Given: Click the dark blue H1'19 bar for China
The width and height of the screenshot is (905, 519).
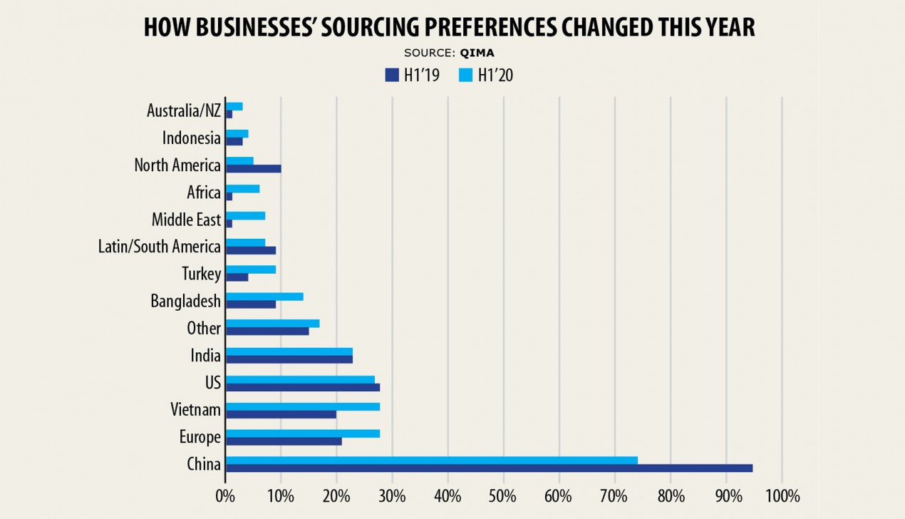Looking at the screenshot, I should [x=489, y=468].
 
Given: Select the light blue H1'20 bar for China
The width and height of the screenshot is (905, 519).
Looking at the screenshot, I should [x=431, y=460].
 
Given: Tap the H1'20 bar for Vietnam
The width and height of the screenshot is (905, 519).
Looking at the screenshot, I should [x=302, y=406].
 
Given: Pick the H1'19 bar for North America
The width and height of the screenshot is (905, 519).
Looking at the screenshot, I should [x=253, y=168].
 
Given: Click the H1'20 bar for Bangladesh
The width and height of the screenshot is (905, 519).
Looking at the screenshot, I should [x=264, y=297].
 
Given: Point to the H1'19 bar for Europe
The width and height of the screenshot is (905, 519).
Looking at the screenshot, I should [x=284, y=441].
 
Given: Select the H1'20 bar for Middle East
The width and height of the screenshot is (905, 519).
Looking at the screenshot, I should [x=245, y=215].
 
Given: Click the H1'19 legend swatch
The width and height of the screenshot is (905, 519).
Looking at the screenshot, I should [x=391, y=75].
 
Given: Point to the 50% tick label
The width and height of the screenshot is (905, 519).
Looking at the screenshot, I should [x=503, y=495].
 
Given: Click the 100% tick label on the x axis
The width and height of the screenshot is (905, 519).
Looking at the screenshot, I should [x=782, y=495].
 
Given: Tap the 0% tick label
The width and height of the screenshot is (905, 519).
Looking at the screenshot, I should [x=225, y=495].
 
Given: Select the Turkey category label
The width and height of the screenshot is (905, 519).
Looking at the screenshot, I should [x=202, y=274].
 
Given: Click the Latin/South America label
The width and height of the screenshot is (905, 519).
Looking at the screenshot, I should [x=160, y=247].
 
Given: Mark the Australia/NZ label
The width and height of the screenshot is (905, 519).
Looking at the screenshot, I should [x=184, y=111].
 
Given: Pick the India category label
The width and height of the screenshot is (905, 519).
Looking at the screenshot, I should [x=205, y=355].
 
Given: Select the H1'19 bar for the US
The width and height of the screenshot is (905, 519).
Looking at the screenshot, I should [x=302, y=387].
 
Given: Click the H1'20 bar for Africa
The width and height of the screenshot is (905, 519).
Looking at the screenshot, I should [x=242, y=188].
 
